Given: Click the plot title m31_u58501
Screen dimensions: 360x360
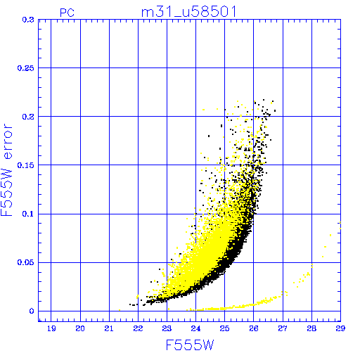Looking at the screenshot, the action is pos(189,12).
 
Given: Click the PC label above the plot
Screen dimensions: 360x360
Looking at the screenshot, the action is pos(67,13).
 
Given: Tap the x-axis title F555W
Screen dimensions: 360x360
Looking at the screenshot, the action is pos(190,345).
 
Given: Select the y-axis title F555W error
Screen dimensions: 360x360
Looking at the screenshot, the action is pos(7,169).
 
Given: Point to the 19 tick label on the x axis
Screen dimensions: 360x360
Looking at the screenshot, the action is pos(51,328).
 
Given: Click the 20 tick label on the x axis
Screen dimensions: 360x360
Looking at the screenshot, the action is pos(80,328).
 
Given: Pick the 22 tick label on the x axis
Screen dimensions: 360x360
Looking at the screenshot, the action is pos(138,328).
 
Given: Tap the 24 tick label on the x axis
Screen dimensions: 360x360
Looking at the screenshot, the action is pos(195,328).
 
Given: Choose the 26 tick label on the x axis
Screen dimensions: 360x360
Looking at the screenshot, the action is pos(254,328).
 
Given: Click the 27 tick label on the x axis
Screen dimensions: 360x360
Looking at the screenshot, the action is pos(283,328).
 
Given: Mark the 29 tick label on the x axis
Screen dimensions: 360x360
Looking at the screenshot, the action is pos(340,328).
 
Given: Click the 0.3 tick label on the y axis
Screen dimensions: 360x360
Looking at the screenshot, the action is pos(28,20).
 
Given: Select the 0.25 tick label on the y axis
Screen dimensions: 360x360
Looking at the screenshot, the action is pos(26,68).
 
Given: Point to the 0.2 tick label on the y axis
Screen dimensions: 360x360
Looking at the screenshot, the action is pos(28,117).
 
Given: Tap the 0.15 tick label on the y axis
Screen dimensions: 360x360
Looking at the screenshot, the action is pos(26,165).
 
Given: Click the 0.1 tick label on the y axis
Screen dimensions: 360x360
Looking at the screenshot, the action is pos(28,214).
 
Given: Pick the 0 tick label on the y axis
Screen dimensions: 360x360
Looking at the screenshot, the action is pos(32,311).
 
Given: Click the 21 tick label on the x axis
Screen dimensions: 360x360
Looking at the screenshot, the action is pos(109,328).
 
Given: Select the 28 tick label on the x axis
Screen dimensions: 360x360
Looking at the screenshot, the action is pos(311,328).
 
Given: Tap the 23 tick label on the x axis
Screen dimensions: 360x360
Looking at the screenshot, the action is pos(167,328).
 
